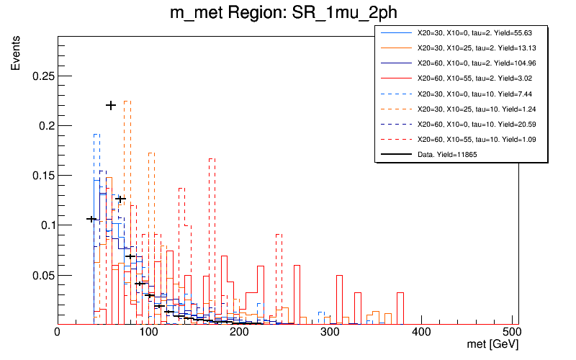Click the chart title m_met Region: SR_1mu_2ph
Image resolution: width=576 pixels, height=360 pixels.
point(284,14)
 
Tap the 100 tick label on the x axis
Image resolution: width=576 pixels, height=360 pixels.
point(148,332)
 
